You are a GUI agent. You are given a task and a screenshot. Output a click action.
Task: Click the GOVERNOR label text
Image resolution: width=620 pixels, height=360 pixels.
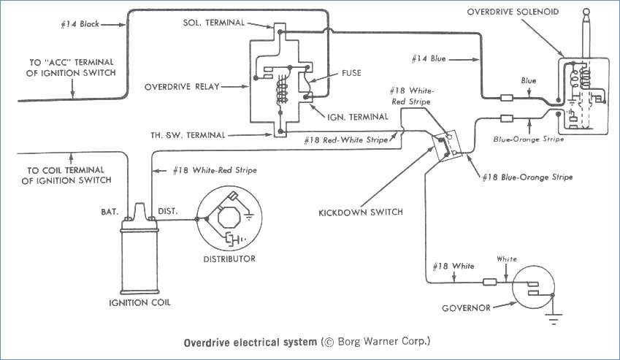tap(465, 308)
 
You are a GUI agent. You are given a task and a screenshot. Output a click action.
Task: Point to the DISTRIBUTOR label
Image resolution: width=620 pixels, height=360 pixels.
tap(229, 258)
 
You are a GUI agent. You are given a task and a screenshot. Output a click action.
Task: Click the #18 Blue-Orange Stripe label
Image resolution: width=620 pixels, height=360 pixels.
tap(527, 177)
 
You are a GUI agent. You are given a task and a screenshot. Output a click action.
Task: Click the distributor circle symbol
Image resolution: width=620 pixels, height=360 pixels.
tap(229, 218)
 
